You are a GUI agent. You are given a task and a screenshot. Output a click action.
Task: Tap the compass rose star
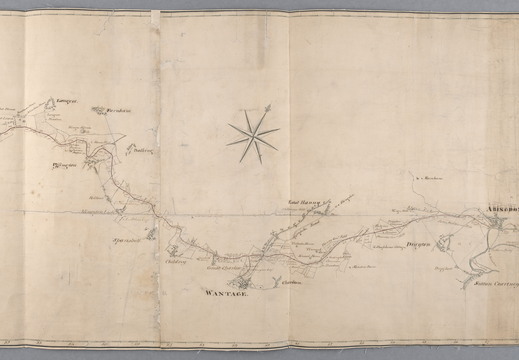pyautogui.click(x=251, y=134)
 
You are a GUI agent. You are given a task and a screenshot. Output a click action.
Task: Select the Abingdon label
pyautogui.click(x=500, y=197)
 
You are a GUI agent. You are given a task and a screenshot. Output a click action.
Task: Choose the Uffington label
pyautogui.click(x=64, y=158)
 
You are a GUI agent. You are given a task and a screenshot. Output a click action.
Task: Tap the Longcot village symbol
pyautogui.click(x=50, y=104)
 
